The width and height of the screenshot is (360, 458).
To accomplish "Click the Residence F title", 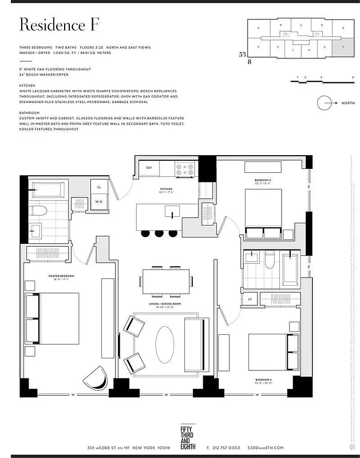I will (x=60, y=25).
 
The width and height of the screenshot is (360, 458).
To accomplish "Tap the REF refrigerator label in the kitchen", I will (x=149, y=168).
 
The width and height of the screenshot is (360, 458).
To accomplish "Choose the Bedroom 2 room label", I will (x=264, y=380).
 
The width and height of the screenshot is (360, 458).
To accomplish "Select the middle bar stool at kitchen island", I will (x=159, y=233).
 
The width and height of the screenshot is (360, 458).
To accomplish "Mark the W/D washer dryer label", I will (x=99, y=202).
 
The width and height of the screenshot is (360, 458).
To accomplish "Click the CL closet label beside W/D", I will (x=99, y=187).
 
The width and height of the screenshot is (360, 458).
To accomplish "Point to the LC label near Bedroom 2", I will (x=250, y=299).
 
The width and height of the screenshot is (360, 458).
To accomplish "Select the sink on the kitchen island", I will (x=171, y=213).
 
